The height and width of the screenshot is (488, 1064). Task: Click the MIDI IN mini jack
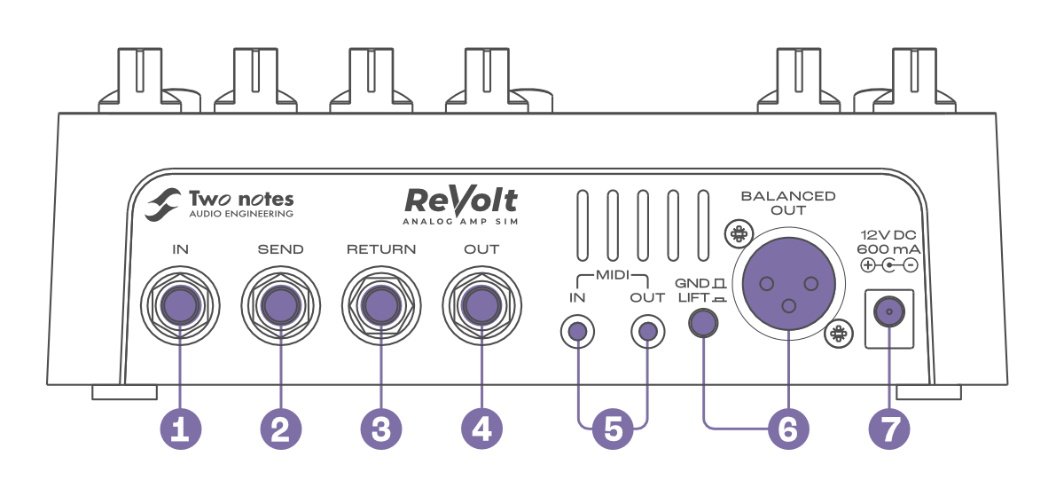[577, 333]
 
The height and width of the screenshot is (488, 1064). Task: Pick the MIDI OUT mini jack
[647, 333]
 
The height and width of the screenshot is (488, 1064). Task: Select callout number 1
[180, 429]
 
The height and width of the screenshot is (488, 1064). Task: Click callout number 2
[280, 429]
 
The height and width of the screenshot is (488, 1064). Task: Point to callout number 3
[381, 429]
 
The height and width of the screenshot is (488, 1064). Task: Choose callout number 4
[481, 429]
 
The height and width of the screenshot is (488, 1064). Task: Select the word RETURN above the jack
[381, 249]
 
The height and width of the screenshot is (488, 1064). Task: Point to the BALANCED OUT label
[787, 202]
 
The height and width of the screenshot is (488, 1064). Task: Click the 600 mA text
[888, 250]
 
